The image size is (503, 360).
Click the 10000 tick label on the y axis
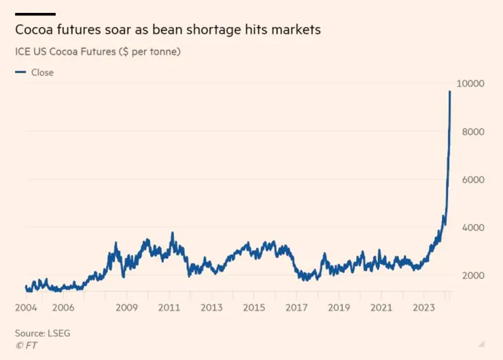(469, 84)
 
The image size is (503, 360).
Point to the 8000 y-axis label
(470, 132)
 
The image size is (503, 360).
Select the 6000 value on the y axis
(470, 180)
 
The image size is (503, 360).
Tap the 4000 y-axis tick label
(470, 228)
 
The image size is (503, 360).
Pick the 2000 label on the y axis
(470, 276)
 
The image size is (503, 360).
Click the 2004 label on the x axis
(27, 307)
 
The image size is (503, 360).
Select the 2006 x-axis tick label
(63, 307)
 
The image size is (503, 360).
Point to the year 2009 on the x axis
(126, 307)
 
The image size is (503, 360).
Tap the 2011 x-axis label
(170, 307)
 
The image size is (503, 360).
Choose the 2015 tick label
(254, 307)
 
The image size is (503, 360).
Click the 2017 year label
(296, 307)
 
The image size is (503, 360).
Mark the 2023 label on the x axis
(423, 307)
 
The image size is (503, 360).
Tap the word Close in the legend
(42, 73)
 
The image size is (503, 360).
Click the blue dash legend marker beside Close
(20, 72)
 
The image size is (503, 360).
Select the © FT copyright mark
(26, 345)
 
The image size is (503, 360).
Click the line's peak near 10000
(449, 92)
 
